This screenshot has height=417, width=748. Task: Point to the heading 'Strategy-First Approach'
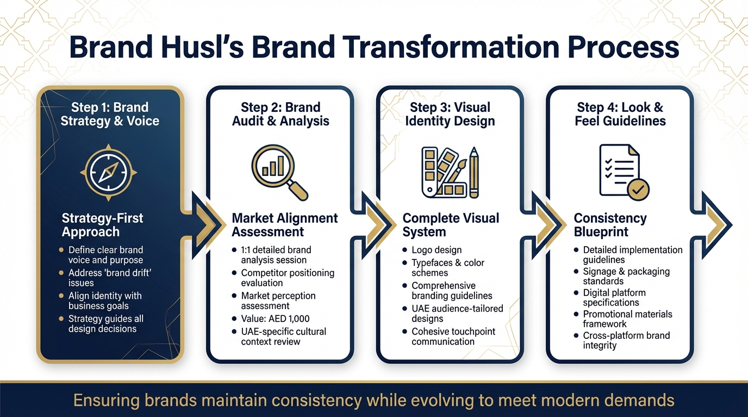coord(103,225)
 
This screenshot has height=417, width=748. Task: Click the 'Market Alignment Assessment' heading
coord(284,225)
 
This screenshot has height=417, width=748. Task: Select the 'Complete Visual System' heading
coord(451,225)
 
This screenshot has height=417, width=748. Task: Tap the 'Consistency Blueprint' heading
coord(610,225)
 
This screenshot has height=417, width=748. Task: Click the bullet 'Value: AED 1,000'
coord(276,319)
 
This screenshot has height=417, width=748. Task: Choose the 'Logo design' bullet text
coord(437,250)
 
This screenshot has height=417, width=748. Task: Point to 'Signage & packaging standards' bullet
coord(626,276)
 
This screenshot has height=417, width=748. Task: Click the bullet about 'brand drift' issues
coord(109,277)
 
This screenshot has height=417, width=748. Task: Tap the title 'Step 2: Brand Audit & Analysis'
coord(280,114)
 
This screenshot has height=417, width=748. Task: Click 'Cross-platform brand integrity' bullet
coord(626,340)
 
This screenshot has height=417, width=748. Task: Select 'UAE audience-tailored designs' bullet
coord(457,313)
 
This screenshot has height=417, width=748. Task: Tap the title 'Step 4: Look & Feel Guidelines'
coord(620,114)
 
